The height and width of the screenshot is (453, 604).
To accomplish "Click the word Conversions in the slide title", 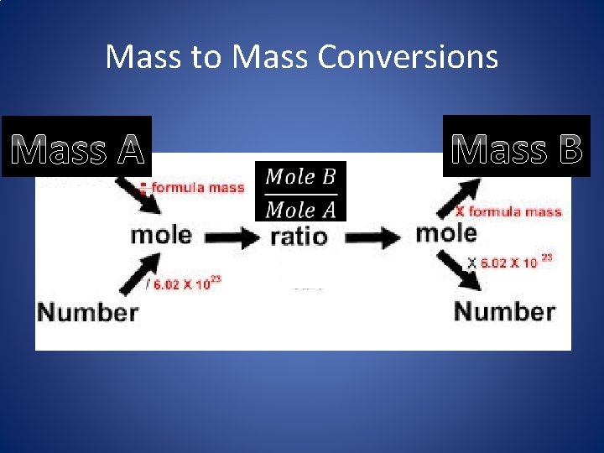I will click(408, 57).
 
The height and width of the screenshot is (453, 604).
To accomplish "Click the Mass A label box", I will click(77, 146).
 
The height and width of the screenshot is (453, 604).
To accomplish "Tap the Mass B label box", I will click(517, 146).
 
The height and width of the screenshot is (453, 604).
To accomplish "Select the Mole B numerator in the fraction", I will click(301, 177).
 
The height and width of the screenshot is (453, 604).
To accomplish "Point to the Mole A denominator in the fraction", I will click(301, 208).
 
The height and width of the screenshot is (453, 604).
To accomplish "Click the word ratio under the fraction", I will click(299, 237).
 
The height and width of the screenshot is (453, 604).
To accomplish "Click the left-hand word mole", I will click(161, 234).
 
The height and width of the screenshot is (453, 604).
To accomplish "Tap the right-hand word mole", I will click(445, 232).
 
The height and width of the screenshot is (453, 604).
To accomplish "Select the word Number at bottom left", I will click(88, 312).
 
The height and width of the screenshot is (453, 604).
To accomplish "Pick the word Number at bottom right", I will click(504, 311).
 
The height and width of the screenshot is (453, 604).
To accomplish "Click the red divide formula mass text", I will click(192, 188).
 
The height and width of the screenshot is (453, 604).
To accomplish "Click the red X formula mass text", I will click(508, 211).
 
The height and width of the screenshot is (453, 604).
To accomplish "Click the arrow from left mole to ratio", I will click(233, 238).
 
